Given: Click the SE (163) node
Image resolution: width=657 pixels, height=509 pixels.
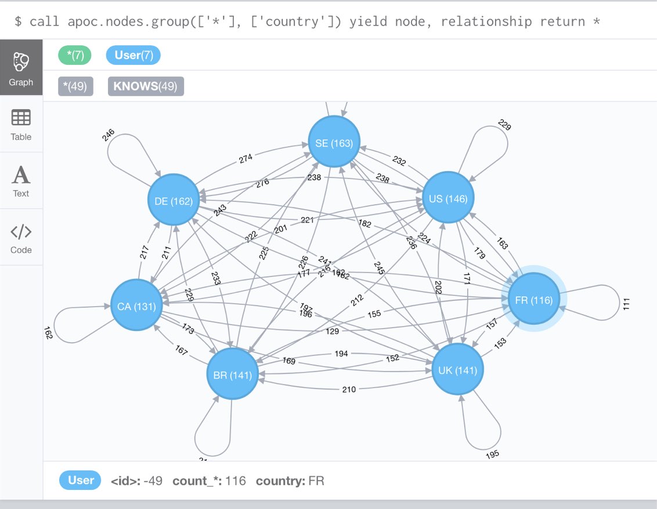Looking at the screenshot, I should pos(334,143).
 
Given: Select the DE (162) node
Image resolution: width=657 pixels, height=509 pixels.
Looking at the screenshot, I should pos(174,201).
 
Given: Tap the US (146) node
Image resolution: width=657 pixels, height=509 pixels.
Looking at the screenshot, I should pos(448,199).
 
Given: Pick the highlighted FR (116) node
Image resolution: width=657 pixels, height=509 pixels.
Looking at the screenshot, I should pos(533,300).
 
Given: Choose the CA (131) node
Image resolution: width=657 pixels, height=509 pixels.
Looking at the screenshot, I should pos(136,306).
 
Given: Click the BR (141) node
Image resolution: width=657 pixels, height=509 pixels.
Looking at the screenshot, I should pos(232,375).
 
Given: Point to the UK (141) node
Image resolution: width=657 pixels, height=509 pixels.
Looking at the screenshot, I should pos(458,370).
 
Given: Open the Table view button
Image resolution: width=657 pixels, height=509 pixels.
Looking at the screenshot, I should pos(21,125).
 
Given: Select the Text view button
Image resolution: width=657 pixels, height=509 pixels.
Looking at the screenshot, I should pos(21,181).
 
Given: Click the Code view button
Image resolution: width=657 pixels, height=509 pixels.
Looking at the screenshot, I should pos(21,238).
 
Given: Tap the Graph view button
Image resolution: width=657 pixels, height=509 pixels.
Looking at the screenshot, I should pos(21,68).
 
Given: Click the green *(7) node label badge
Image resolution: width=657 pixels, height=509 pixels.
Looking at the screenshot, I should pos(75,56).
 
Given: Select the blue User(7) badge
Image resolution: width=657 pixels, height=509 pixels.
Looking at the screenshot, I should pos(133,56).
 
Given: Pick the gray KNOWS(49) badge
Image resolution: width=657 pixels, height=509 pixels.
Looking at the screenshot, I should pos(146,86).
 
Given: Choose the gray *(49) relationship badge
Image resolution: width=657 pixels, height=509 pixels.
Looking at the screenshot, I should pos(75,86).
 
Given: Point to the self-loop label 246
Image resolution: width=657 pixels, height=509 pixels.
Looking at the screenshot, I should pos(109,135).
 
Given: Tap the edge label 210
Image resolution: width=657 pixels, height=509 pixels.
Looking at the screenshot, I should pos(349,389).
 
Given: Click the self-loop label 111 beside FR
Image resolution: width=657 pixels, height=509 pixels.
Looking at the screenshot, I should pos(626,303).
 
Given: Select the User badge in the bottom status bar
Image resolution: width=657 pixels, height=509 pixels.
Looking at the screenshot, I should pos(81,481).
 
